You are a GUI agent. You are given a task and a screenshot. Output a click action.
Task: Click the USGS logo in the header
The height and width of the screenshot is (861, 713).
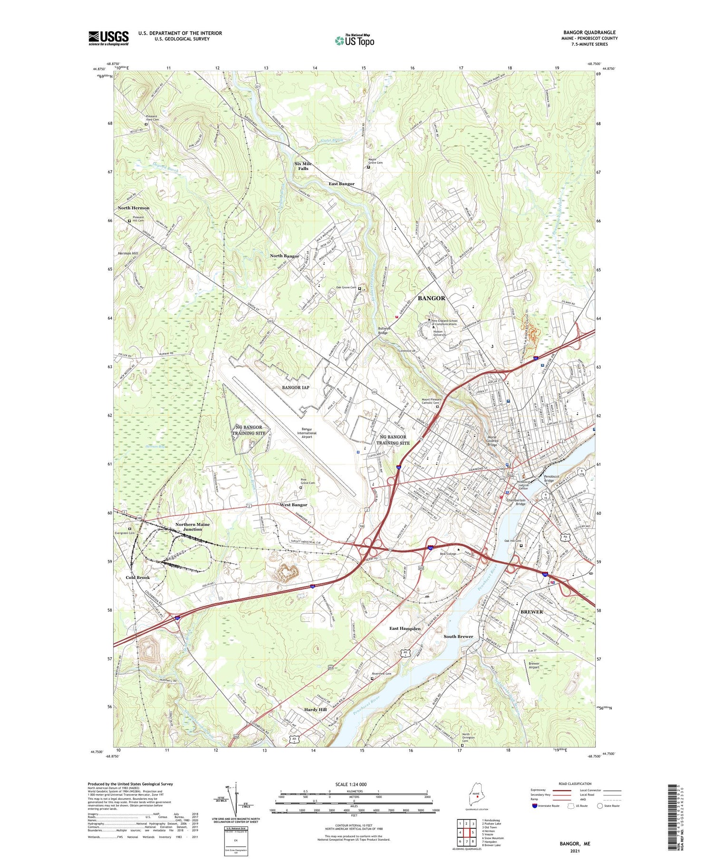(108, 38)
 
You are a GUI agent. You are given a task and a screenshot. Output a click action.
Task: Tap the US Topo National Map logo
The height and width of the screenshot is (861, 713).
(355, 40)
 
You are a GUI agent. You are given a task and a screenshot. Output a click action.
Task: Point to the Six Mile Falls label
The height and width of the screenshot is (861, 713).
(303, 166)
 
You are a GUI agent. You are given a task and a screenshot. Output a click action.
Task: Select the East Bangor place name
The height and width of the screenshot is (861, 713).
(341, 184)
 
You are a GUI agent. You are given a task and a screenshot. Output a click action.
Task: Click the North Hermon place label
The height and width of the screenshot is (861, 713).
(134, 208)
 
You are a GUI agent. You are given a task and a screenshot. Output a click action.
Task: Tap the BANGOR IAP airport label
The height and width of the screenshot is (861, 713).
(296, 388)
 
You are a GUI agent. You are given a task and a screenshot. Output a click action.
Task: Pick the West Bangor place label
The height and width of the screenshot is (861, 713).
(293, 505)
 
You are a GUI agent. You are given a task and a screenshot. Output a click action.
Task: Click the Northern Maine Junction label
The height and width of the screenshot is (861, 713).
(193, 527)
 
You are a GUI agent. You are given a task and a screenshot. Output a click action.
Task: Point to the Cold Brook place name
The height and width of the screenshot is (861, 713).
(138, 577)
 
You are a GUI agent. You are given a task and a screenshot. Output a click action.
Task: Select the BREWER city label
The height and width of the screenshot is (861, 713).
(531, 612)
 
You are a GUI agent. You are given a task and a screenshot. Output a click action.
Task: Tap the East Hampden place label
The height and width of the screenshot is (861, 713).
(405, 628)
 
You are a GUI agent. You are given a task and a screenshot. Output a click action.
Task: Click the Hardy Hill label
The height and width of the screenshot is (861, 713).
(315, 710)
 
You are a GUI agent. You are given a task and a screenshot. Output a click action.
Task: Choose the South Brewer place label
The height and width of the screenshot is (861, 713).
(458, 636)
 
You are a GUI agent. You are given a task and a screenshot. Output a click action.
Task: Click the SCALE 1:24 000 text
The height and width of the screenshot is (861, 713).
(354, 784)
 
